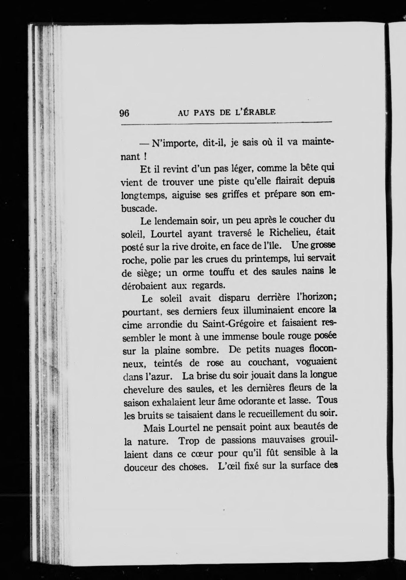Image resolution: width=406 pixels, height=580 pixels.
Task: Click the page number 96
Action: point(124,113)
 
